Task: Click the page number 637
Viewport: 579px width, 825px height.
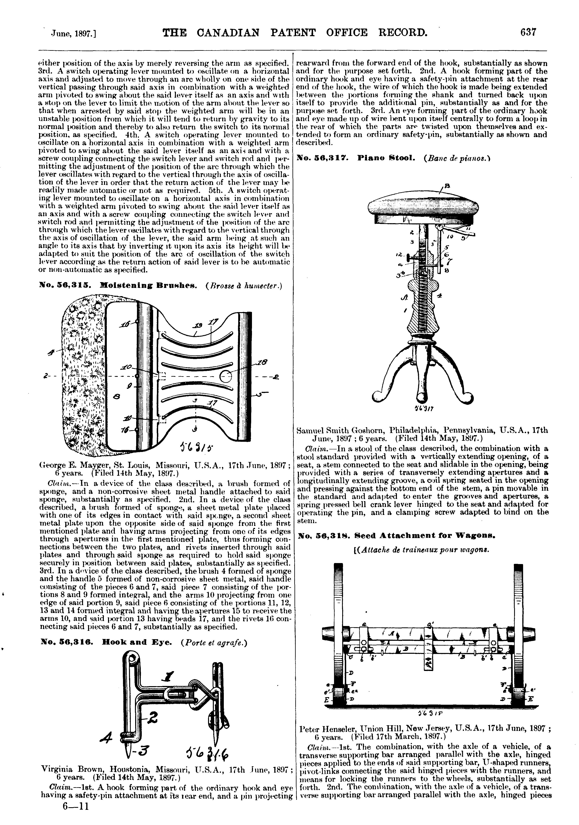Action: [528, 33]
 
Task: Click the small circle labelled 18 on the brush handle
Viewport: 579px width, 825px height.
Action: [225, 377]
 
